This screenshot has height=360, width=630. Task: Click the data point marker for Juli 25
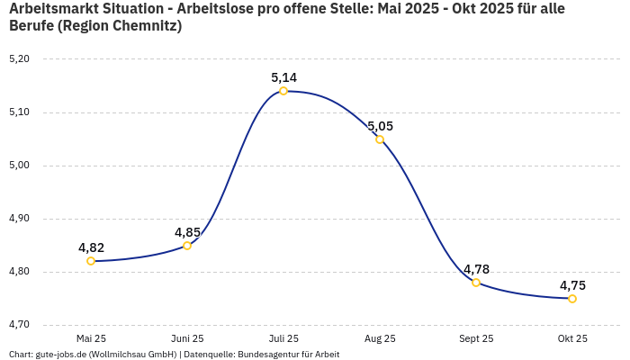coord(283,91)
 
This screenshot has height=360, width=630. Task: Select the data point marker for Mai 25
coord(91,261)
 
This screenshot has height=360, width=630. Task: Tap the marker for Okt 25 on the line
coord(572,299)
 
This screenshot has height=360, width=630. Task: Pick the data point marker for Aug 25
coord(380,139)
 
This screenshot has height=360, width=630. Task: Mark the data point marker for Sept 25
coord(476,283)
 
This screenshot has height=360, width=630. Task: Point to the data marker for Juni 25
coord(187,246)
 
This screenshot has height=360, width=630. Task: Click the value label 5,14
coord(283,77)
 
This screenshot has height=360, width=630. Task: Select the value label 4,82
coord(91,247)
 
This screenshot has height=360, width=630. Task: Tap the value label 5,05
coord(380,126)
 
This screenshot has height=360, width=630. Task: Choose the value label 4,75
coord(572,285)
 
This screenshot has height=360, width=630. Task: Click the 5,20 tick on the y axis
coord(19,59)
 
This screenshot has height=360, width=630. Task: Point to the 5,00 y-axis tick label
coord(19,166)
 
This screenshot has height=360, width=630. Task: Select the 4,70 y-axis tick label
coord(19,325)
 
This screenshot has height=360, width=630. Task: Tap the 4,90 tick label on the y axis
coord(19,219)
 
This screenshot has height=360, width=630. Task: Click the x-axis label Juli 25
coord(283,338)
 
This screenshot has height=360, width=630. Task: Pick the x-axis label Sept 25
coord(476,338)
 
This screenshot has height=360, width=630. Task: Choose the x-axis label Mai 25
coord(91,338)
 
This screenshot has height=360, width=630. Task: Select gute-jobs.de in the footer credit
coord(60,354)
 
